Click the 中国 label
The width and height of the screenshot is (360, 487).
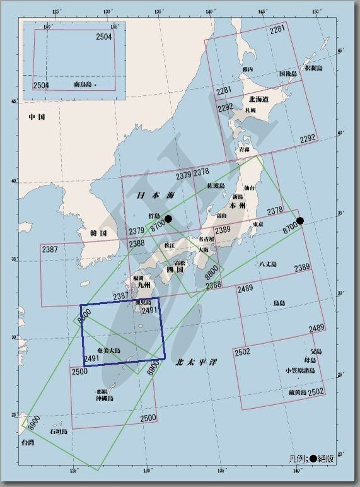pos(37,117)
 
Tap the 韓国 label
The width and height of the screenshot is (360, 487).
pos(98,233)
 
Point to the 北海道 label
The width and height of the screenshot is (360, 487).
pos(259,99)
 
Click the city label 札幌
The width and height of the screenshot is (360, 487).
pos(250,110)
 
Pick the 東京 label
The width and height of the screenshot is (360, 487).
pos(257,225)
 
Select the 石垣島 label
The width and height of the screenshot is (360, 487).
pos(59,431)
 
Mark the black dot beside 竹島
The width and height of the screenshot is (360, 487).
pos(168,219)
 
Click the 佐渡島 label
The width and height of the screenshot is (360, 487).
pos(217,186)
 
